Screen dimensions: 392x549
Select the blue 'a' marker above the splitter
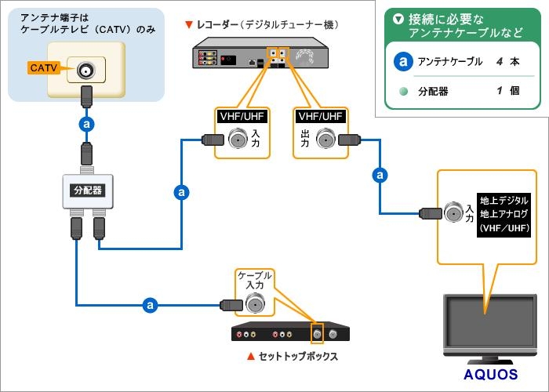88,123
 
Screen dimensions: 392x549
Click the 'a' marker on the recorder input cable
182,191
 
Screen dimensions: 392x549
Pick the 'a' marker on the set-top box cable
149,304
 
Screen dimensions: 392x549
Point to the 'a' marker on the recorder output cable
381,174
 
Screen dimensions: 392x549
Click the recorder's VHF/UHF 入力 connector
238,140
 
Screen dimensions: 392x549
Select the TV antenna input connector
453,212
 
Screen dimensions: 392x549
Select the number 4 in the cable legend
499,61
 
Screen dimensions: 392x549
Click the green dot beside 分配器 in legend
403,91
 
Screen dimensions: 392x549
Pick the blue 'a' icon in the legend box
403,61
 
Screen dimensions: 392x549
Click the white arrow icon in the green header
399,18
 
